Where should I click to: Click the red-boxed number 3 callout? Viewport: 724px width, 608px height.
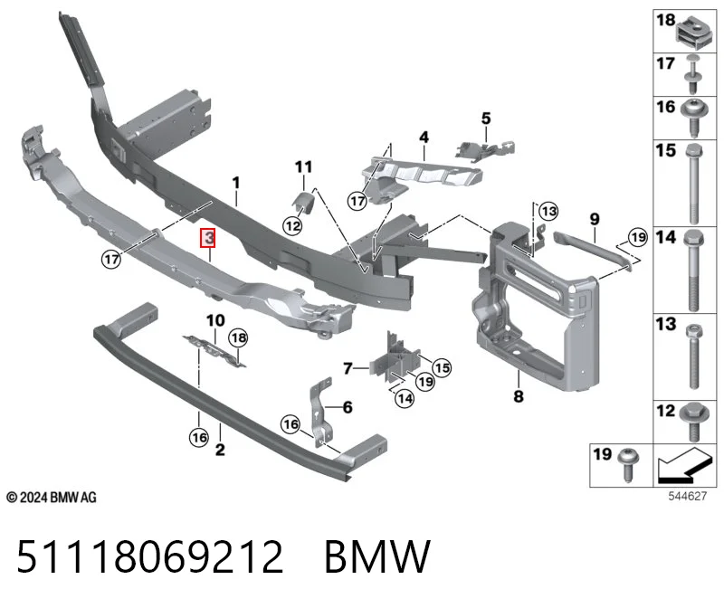pos(210,238)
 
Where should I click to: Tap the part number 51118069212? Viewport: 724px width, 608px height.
pos(150,556)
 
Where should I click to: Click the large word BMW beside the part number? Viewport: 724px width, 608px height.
pos(377,556)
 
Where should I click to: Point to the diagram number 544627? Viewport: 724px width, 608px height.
pos(688,497)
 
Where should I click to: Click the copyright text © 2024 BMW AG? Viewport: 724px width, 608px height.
pos(52,498)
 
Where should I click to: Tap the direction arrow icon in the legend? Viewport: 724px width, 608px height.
pos(684,465)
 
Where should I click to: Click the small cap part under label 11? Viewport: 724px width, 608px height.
pos(303,202)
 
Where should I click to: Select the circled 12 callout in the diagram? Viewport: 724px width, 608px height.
pos(292,226)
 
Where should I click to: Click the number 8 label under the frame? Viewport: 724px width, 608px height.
pos(519,395)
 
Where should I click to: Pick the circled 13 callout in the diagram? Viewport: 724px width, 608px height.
pos(548,212)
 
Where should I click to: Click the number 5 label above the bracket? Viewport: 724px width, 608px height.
pos(486,119)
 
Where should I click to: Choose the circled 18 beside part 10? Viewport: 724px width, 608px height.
pos(238,337)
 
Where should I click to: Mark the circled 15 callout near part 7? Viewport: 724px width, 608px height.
pos(442,367)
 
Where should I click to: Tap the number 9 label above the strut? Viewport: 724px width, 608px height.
pos(595,219)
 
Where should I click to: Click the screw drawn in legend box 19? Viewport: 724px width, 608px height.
pos(629,463)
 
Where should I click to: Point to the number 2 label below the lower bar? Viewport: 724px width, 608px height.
pos(220,449)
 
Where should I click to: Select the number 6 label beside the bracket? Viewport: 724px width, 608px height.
pos(348,407)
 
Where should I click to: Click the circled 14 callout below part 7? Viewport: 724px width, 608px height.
pos(405,398)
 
